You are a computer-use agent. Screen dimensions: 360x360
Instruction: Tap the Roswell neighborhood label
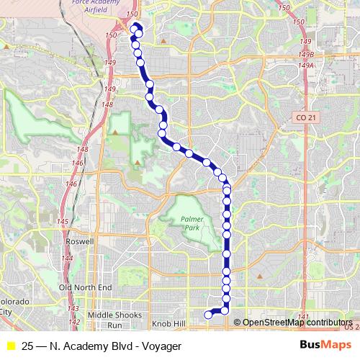click(80, 241)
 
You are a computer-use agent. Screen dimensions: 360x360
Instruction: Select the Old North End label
click(85, 287)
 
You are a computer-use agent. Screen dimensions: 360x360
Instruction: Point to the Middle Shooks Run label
click(115, 320)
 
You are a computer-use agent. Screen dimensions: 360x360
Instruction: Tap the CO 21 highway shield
click(305, 117)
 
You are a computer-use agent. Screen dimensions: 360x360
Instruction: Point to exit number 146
click(71, 184)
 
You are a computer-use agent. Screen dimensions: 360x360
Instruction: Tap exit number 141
click(303, 317)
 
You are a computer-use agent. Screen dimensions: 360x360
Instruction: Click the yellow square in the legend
click(11, 345)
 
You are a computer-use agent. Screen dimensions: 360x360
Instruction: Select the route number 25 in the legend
click(27, 345)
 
